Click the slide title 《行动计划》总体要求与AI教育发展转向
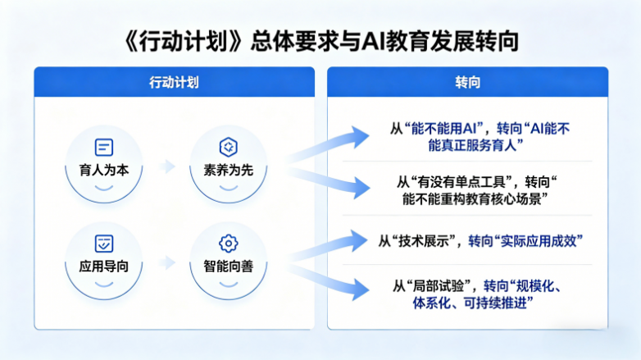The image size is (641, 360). coord(321,42)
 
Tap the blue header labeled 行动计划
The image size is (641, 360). coord(174,82)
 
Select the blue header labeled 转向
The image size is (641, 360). coord(468,82)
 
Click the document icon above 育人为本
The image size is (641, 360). coord(104,148)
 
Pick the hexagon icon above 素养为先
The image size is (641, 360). coord(229,148)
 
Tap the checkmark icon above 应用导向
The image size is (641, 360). coord(104,244)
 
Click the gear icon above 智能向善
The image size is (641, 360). coord(229,244)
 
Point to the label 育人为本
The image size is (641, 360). coord(104,171)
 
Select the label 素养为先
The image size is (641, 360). coord(229,171)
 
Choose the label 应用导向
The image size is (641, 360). coord(104,267)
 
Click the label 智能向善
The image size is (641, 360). coord(229,267)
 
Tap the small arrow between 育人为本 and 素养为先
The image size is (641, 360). coord(167,166)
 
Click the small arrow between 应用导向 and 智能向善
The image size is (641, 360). coord(167,262)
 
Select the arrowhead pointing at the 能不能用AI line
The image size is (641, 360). coord(359,137)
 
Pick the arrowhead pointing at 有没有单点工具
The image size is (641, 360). coord(361,188)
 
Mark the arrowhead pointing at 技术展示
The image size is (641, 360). coord(358,240)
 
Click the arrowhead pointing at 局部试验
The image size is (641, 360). coord(360,289)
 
